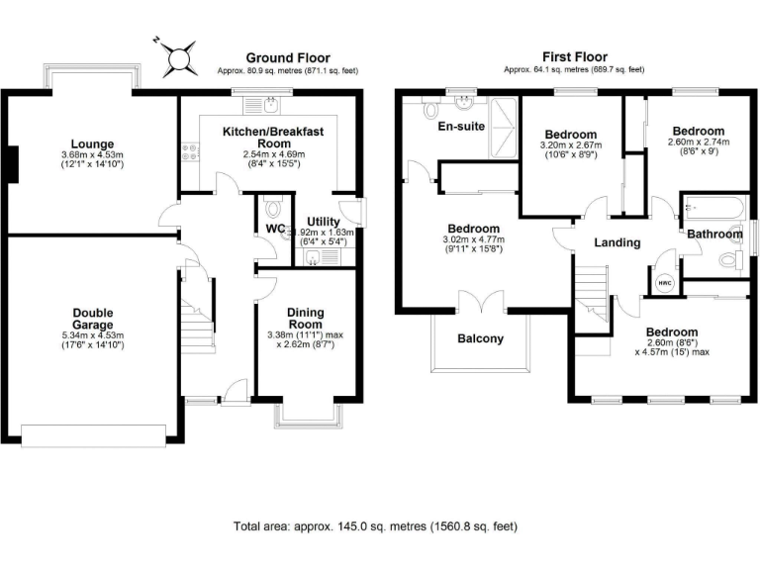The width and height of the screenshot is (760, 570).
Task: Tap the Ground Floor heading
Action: (x=288, y=57)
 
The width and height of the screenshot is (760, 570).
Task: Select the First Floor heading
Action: (x=575, y=57)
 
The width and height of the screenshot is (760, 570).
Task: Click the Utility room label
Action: (x=324, y=222)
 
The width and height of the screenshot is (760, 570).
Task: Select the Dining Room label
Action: (x=305, y=319)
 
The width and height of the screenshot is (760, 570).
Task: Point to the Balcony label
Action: (x=480, y=338)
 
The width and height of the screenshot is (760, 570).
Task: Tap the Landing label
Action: (x=617, y=242)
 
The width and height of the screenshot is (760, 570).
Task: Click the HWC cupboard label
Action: (x=664, y=280)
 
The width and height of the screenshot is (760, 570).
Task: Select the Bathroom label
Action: (x=715, y=235)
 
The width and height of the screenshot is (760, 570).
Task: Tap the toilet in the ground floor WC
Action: (x=274, y=210)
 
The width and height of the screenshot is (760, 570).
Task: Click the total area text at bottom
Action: (x=375, y=526)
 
